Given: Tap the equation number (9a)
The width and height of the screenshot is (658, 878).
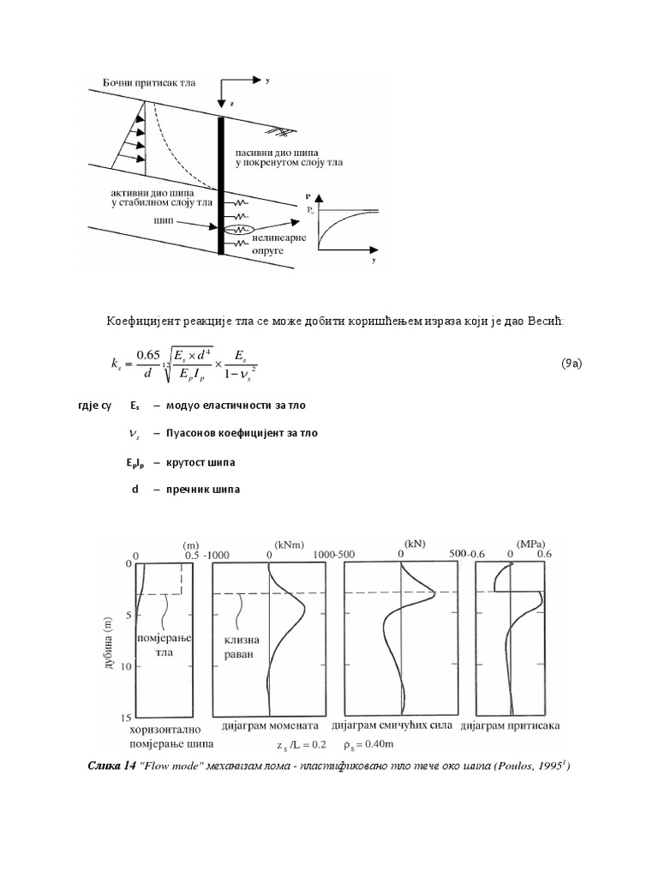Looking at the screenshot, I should click(x=571, y=363).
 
